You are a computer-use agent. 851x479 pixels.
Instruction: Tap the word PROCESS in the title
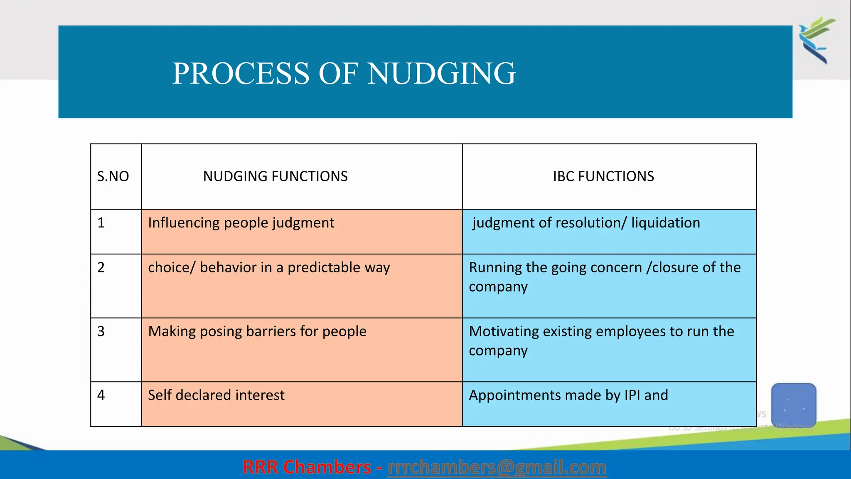241,73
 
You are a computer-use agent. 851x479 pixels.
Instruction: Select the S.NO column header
113,176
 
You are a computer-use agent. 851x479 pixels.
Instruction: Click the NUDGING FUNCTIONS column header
275,176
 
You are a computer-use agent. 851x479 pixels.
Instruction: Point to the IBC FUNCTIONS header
603,176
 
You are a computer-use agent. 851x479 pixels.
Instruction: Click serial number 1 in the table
101,223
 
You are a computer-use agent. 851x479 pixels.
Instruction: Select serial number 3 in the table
101,331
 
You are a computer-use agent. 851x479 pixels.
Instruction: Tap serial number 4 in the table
101,395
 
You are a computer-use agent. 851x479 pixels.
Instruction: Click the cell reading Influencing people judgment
241,223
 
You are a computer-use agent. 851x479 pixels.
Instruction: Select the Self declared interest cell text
216,395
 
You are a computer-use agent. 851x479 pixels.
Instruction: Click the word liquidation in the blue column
665,223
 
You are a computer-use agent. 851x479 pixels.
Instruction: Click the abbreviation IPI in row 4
632,395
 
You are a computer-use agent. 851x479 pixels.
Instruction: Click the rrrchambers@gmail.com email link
497,467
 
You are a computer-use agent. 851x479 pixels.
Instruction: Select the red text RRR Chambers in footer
307,467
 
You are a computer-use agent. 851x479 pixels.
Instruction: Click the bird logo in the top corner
816,40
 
